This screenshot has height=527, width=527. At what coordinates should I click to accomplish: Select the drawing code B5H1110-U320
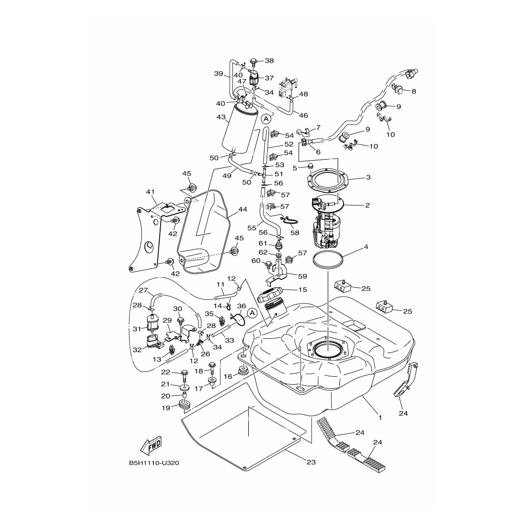154,464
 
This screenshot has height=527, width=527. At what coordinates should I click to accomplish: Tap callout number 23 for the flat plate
310,462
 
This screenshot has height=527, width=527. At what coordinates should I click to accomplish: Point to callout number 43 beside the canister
221,117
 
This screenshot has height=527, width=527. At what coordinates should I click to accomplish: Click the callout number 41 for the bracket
151,192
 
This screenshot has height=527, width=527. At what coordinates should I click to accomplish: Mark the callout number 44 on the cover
242,209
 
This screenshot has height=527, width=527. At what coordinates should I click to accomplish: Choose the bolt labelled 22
184,375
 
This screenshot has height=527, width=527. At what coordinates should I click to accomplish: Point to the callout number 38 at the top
269,61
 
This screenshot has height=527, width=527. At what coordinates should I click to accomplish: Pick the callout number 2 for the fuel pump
367,205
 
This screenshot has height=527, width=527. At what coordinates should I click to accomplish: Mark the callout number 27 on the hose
143,290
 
